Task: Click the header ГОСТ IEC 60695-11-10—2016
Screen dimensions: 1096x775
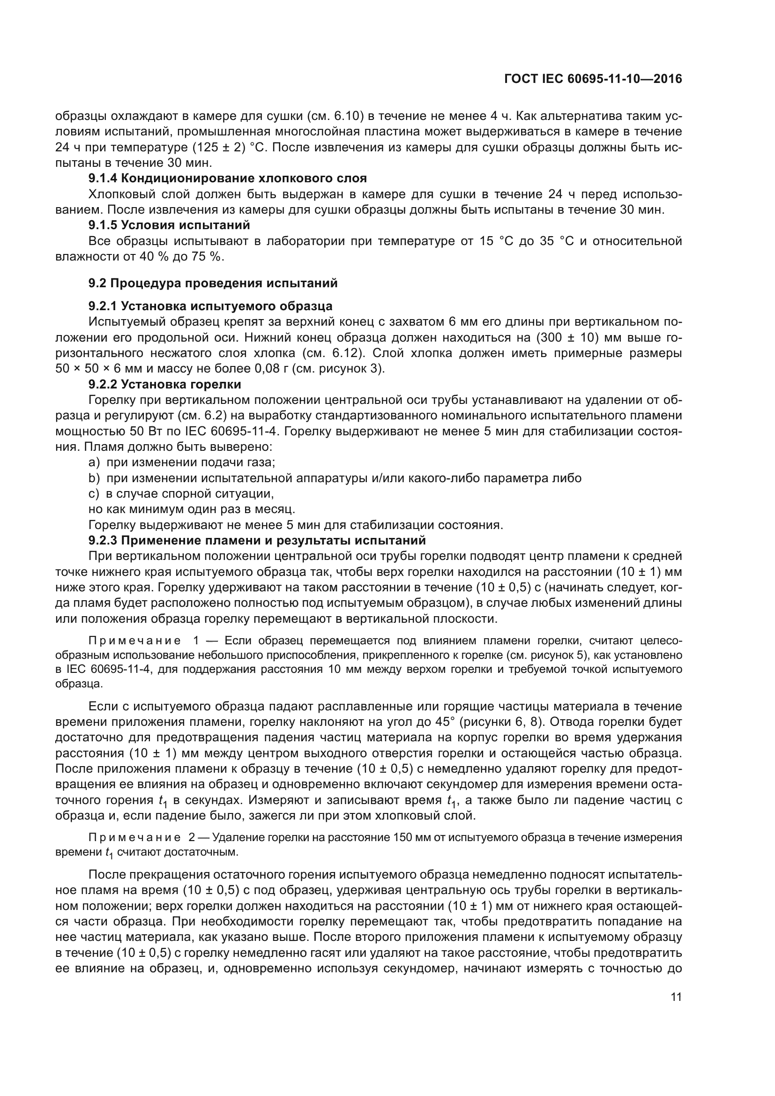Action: pos(593,79)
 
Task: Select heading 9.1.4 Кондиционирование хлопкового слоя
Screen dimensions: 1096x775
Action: pos(228,179)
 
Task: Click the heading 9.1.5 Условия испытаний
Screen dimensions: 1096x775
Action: pos(169,224)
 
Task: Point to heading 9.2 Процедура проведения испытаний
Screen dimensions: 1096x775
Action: pos(213,283)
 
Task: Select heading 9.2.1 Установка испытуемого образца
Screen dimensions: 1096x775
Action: pos(210,306)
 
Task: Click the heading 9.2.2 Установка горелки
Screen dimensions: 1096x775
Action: pos(164,384)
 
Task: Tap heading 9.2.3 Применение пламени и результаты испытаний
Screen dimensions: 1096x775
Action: pos(257,540)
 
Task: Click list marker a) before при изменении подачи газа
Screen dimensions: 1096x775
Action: pos(94,462)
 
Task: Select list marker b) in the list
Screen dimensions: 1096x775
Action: pos(94,478)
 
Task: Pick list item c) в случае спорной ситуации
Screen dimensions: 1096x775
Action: pos(181,493)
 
